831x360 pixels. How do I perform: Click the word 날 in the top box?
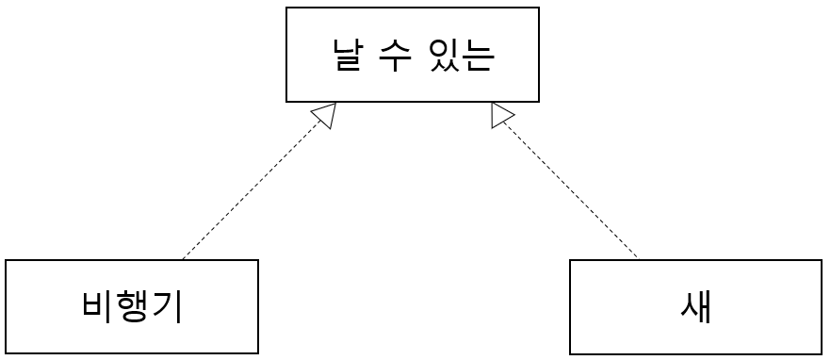click(349, 55)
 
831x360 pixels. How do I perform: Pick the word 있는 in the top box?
click(462, 55)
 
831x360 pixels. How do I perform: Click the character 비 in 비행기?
click(97, 307)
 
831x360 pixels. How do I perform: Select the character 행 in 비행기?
click(132, 307)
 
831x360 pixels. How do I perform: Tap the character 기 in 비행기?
click(167, 307)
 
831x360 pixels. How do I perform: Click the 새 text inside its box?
click(695, 307)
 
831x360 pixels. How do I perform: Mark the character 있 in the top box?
click(445, 55)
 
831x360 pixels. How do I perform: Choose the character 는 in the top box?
click(479, 55)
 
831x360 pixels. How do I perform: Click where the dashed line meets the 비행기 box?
click(183, 259)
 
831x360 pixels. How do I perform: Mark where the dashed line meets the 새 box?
click(639, 259)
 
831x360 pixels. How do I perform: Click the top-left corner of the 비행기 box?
click(6, 260)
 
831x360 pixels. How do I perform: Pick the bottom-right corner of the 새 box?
click(822, 353)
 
